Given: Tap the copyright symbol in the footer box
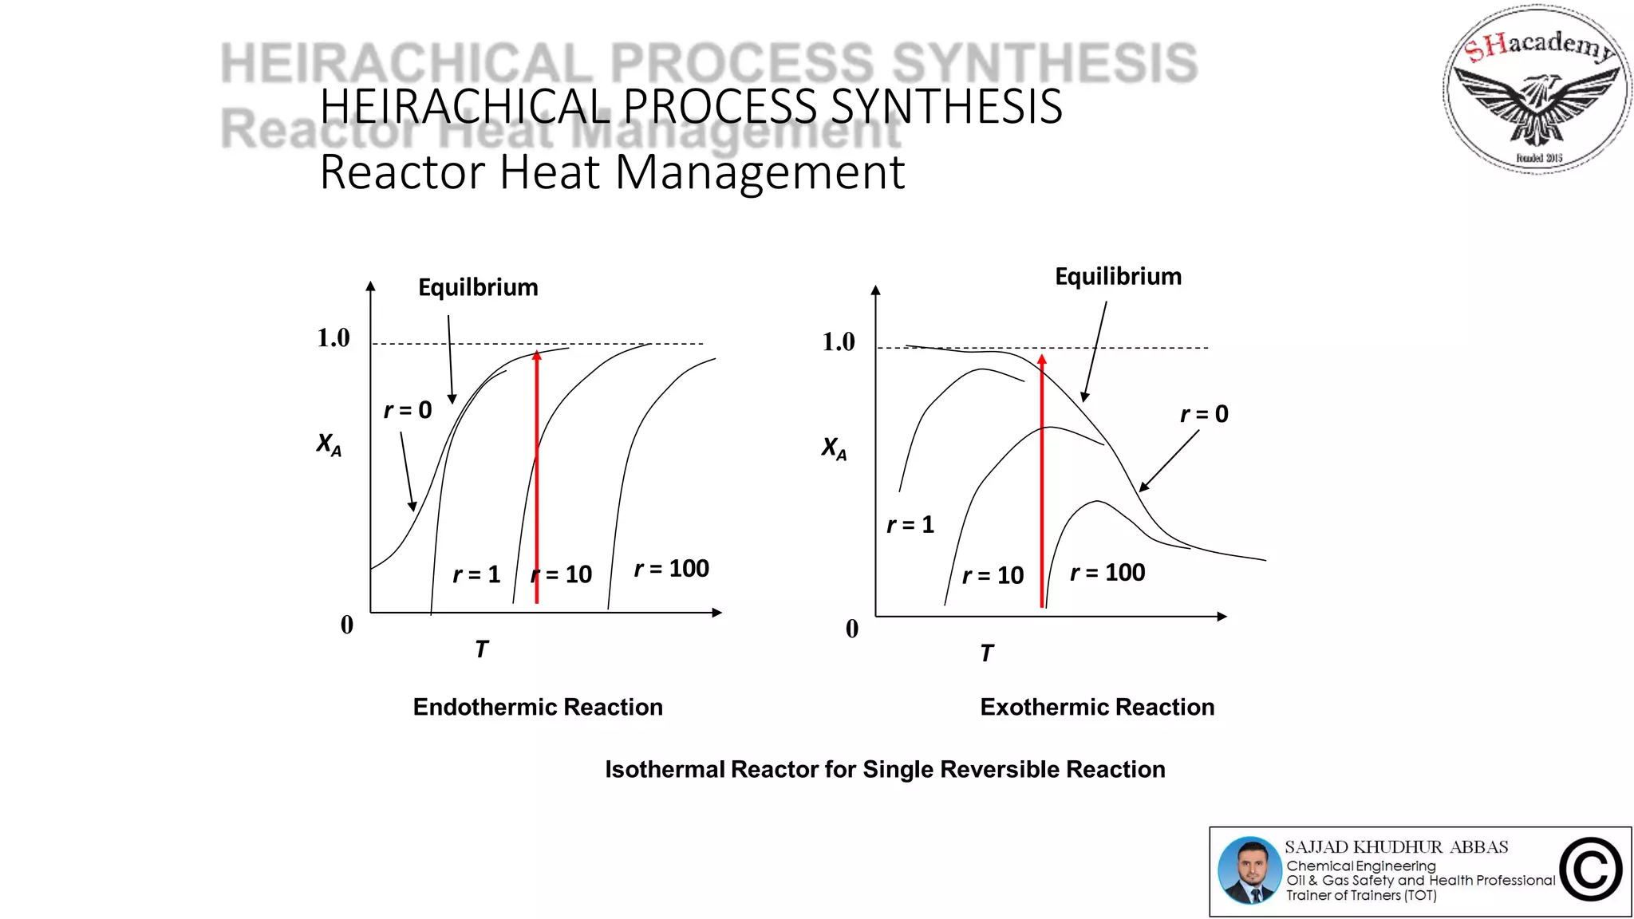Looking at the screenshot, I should tap(1591, 870).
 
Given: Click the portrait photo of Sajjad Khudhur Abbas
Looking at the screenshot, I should tap(1249, 870).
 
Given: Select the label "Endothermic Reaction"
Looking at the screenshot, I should tap(538, 707).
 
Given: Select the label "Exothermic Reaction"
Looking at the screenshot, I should tap(1097, 707).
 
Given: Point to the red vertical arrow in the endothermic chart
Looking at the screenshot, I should tap(537, 479).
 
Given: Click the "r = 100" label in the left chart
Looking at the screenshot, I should tap(672, 569).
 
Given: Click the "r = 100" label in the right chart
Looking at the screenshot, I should tap(1107, 573).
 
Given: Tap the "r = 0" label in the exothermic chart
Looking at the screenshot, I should tap(1204, 414).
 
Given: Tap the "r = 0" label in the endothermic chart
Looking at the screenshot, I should tap(408, 410).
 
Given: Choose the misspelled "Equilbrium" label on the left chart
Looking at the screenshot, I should tap(478, 287).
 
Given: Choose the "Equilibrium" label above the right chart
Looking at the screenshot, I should tap(1118, 277).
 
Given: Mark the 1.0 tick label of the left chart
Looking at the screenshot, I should tap(334, 338).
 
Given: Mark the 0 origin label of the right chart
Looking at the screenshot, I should tap(852, 629).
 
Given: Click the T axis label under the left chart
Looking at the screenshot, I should tap(481, 649).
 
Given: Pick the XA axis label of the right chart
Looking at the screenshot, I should tap(834, 448).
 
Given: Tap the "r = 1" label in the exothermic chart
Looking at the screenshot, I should tap(910, 525).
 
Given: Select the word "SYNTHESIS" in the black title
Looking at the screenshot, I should tap(947, 106).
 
